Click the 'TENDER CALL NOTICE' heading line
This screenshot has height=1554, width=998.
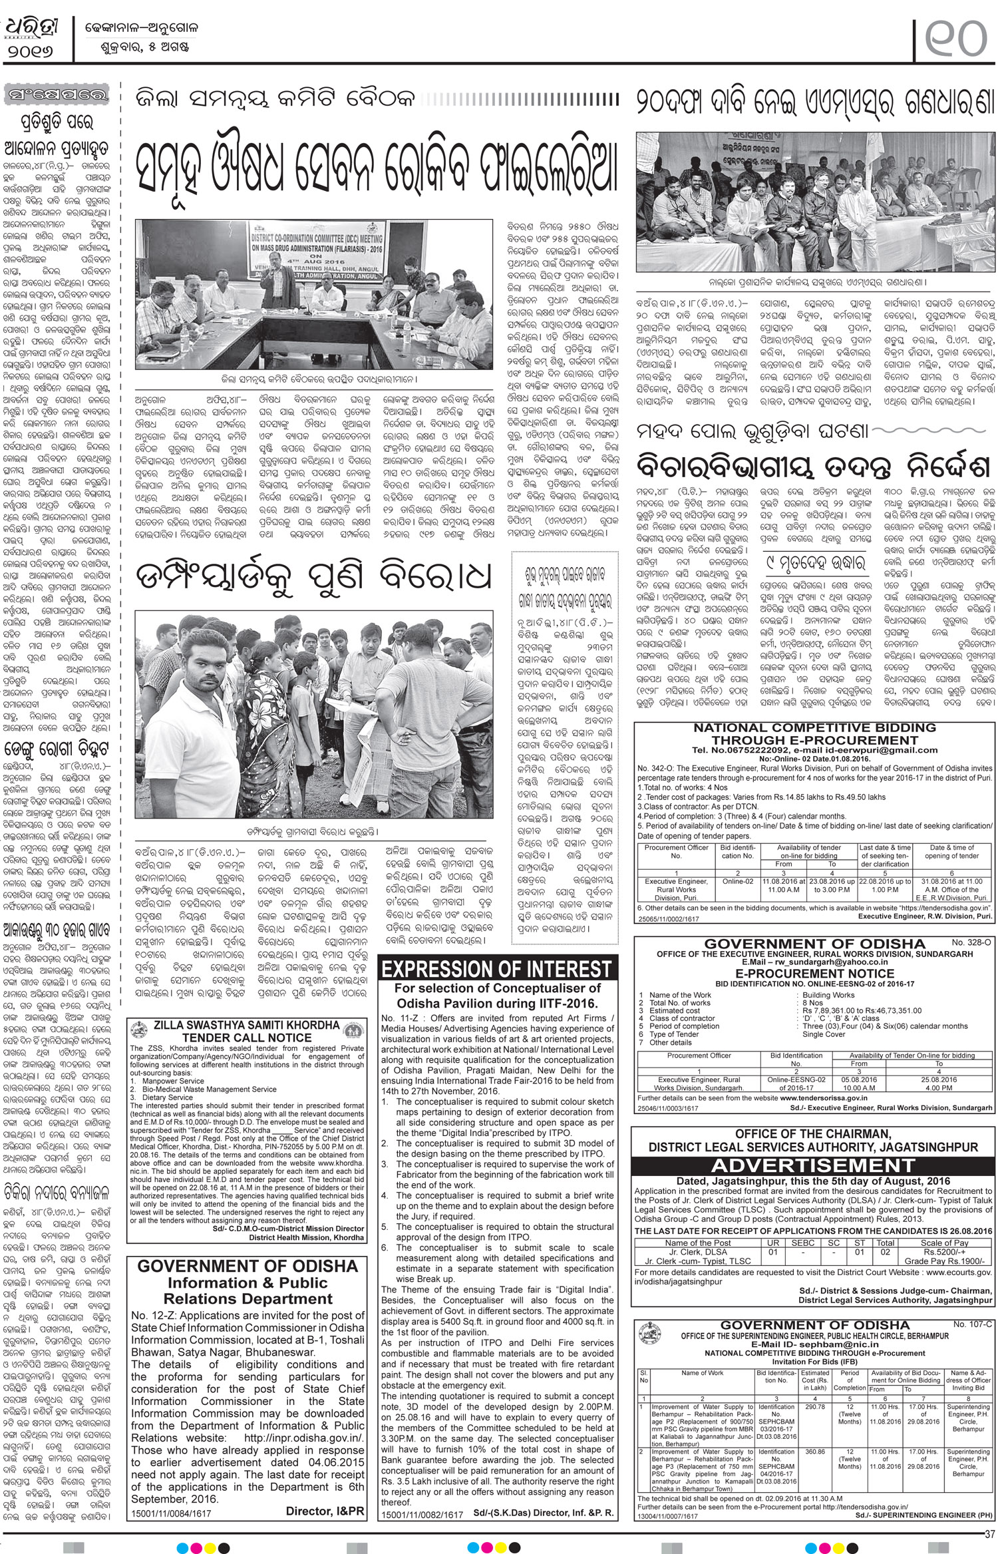[246, 1038]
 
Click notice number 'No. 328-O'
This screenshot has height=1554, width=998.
[972, 944]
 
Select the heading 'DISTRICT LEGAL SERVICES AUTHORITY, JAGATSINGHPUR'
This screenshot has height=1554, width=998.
[813, 1148]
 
